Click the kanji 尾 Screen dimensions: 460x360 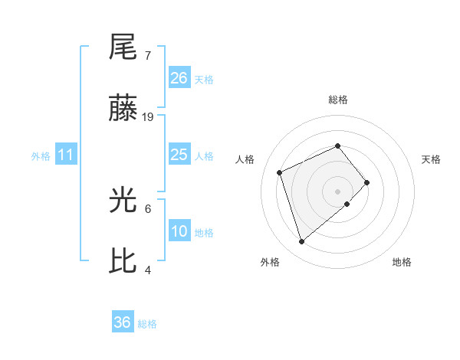[123, 47]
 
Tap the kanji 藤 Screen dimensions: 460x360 [123, 110]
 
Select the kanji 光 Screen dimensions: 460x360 [123, 201]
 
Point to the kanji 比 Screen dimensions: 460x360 [123, 262]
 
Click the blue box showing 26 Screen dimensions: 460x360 [179, 78]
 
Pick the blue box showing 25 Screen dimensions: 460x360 [179, 155]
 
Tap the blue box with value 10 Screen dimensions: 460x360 [179, 232]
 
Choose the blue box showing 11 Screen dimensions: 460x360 [66, 155]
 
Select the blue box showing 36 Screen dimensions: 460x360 [123, 322]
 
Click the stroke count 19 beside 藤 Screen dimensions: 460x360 [148, 117]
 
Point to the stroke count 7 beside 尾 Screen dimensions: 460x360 [147, 56]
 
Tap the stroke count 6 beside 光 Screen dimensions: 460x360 [148, 208]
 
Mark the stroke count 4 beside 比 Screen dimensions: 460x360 [148, 270]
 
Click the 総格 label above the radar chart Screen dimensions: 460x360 [337, 100]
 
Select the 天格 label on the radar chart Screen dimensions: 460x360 [431, 159]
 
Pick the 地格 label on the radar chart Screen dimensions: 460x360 [402, 263]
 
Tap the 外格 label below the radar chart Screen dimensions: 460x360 [270, 263]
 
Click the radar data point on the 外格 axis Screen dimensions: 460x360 [301, 242]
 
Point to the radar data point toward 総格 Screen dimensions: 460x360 [337, 146]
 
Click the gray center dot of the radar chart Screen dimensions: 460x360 [337, 191]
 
